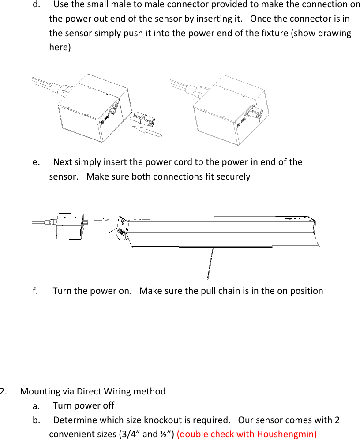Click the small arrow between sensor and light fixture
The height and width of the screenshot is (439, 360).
[101, 219]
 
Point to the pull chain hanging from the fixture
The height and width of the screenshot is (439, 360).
[210, 263]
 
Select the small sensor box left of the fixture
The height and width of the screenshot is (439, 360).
[69, 225]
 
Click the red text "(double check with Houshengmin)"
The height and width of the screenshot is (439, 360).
[247, 434]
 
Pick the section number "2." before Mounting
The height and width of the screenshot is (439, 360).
[4, 391]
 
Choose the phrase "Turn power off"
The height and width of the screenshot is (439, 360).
[83, 405]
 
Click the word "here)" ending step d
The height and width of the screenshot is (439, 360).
[60, 47]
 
